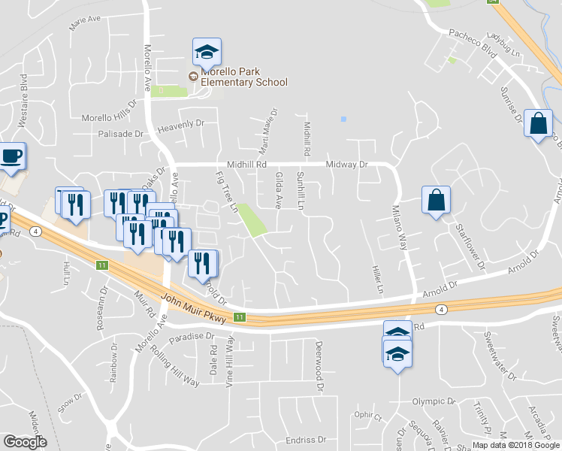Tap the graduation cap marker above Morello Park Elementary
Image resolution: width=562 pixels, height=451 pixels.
click(x=207, y=52)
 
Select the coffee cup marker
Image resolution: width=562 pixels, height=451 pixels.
click(x=11, y=156)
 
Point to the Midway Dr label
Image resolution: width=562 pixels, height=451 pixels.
click(x=346, y=164)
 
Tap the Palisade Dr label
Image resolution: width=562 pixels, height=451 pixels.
click(x=120, y=134)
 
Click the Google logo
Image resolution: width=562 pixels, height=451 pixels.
click(x=25, y=441)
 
